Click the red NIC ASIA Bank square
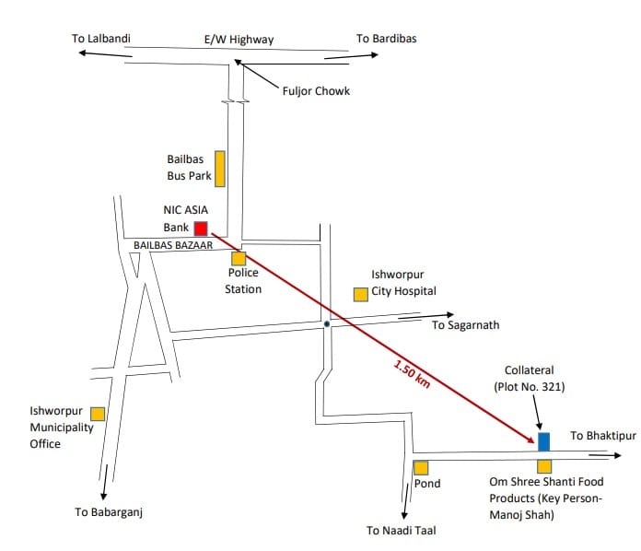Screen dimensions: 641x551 pyautogui.click(x=201, y=229)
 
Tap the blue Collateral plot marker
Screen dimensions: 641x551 pyautogui.click(x=543, y=441)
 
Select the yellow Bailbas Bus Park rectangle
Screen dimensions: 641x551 pyautogui.click(x=220, y=169)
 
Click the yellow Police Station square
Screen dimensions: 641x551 pyautogui.click(x=239, y=259)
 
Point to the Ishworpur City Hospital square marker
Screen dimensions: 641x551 pyautogui.click(x=361, y=295)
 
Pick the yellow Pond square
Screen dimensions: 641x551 pyautogui.click(x=421, y=468)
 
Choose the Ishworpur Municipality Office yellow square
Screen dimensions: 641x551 pyautogui.click(x=98, y=414)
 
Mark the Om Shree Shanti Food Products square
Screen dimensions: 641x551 pyautogui.click(x=544, y=467)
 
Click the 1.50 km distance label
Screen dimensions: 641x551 pyautogui.click(x=412, y=374)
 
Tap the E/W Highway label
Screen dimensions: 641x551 pyautogui.click(x=239, y=40)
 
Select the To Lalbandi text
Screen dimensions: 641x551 pyautogui.click(x=101, y=39)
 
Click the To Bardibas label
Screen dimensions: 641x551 pyautogui.click(x=386, y=39)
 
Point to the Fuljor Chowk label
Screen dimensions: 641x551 pyautogui.click(x=316, y=91)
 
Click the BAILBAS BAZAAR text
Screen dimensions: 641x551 pyautogui.click(x=173, y=245)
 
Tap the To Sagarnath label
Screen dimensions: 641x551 pyautogui.click(x=466, y=325)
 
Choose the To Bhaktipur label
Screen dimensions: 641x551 pyautogui.click(x=603, y=436)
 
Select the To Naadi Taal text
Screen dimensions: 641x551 pyautogui.click(x=402, y=531)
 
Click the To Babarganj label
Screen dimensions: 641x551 pyautogui.click(x=109, y=512)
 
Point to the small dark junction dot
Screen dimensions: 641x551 pyautogui.click(x=327, y=324)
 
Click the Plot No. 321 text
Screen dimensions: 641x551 pyautogui.click(x=530, y=387)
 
